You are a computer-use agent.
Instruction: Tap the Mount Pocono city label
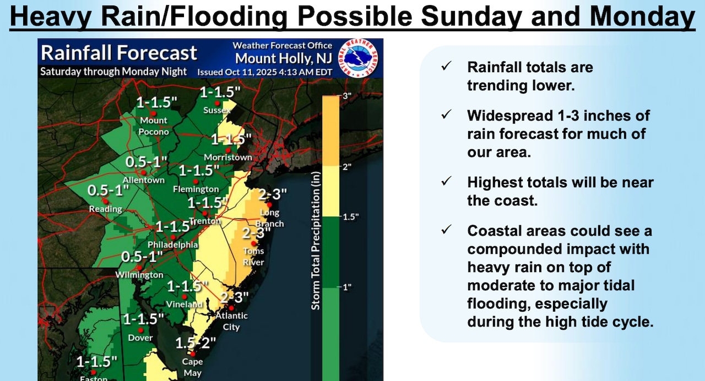(x=154, y=126)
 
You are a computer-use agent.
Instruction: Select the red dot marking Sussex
(x=218, y=103)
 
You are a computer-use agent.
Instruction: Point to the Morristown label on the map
(x=227, y=157)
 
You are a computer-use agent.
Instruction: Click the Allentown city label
(x=144, y=180)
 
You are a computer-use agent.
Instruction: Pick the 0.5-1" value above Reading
(x=108, y=191)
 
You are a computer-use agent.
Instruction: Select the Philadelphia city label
(x=172, y=245)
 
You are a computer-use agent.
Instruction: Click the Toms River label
(x=254, y=257)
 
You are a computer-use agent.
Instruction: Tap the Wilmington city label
(x=139, y=275)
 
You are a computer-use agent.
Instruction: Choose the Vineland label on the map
(x=185, y=304)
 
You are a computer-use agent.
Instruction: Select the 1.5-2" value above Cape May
(x=196, y=343)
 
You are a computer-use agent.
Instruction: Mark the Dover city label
(x=140, y=338)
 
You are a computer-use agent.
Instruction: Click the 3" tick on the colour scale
(x=348, y=96)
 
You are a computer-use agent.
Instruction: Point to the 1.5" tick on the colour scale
(x=350, y=216)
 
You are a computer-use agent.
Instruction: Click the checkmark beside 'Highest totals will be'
(x=446, y=181)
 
